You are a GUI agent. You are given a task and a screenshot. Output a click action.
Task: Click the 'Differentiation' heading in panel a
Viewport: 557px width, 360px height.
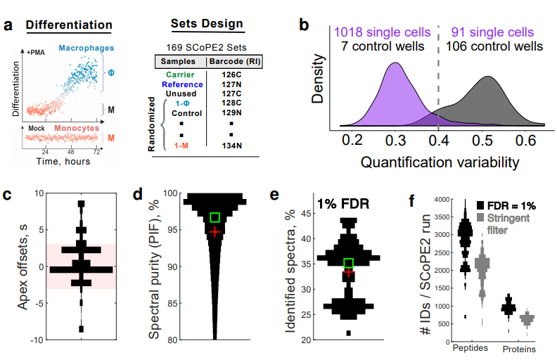click(x=69, y=25)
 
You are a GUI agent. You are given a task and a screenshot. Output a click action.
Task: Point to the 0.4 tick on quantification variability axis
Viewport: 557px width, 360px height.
click(x=438, y=141)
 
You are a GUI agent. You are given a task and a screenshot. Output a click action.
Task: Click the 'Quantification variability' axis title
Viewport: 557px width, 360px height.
click(x=440, y=162)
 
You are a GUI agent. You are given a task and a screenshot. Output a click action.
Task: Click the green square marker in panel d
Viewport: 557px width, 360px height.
click(x=215, y=217)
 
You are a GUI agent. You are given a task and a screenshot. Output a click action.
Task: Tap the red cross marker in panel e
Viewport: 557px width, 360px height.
click(x=347, y=272)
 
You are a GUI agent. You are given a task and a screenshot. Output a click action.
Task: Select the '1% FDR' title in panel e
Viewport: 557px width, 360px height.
click(x=343, y=203)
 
